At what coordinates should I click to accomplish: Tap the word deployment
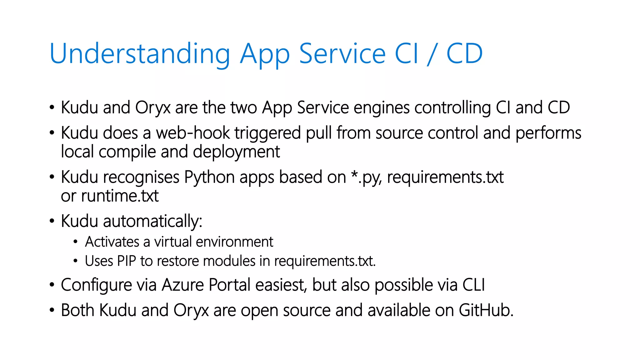coord(236,152)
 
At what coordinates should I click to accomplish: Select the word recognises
coord(141,177)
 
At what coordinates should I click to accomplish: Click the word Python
coord(209,177)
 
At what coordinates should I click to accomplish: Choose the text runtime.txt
coord(120,196)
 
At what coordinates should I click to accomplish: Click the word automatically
coord(152,222)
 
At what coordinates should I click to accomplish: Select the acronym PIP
coord(127,261)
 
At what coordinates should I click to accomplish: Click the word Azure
coord(182,285)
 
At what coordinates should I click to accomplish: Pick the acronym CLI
coord(473,285)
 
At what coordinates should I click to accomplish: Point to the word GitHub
coord(486,311)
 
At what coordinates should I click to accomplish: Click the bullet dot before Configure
coord(52,285)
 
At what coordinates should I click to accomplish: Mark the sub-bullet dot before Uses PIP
coord(75,261)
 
